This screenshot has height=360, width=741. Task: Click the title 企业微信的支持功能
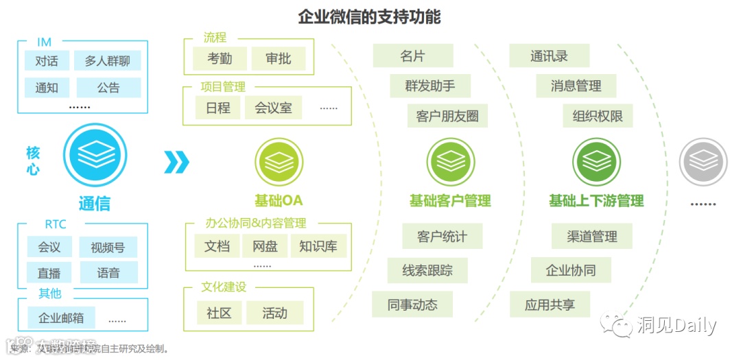click(x=369, y=16)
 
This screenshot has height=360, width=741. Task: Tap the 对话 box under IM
click(x=47, y=60)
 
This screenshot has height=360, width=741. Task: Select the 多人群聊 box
click(x=107, y=60)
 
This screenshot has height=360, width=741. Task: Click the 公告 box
click(x=108, y=88)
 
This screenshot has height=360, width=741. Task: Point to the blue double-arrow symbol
click(x=176, y=162)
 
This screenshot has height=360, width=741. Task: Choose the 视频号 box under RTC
click(x=108, y=247)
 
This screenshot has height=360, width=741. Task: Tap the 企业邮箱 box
click(x=61, y=317)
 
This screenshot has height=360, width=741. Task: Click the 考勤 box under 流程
click(x=220, y=59)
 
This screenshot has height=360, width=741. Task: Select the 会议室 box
click(x=273, y=108)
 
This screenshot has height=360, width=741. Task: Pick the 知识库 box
click(x=318, y=246)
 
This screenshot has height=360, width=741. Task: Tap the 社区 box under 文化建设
click(x=219, y=313)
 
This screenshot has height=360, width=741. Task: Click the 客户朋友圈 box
click(x=447, y=116)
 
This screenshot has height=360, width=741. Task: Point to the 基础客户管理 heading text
click(x=450, y=201)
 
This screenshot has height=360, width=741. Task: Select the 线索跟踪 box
click(x=427, y=270)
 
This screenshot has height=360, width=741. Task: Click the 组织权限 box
click(x=598, y=116)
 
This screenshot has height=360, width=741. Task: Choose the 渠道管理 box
click(x=592, y=237)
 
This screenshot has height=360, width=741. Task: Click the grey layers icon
click(x=703, y=162)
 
